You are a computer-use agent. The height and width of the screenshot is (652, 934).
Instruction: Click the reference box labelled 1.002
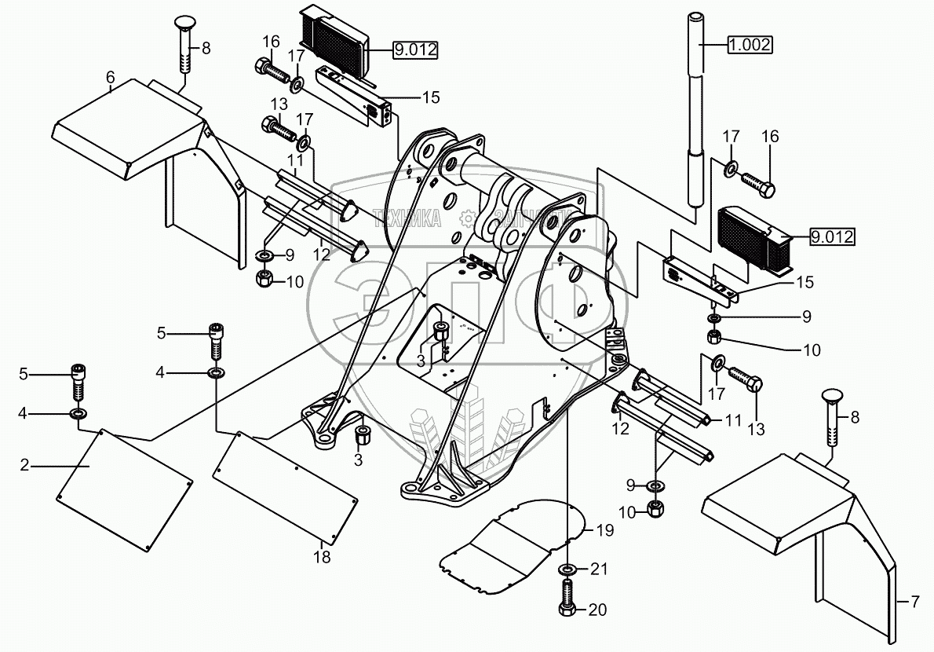point(750,45)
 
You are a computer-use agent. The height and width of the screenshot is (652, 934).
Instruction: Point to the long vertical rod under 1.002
point(695,118)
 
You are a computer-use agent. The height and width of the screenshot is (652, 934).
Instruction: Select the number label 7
point(914,603)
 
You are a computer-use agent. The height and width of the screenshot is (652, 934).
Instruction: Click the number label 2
point(25,465)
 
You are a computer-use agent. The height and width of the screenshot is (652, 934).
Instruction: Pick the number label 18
point(322,558)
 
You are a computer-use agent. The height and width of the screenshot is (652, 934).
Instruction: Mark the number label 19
point(603,529)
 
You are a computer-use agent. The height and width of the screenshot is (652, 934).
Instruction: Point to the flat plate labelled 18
point(286,487)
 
